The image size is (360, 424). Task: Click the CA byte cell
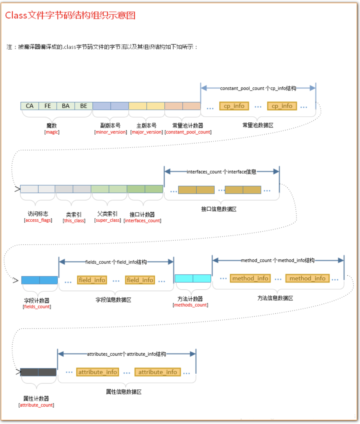[30, 106]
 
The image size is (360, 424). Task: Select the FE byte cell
[48, 106]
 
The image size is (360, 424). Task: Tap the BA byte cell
[66, 106]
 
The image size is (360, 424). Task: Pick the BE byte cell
[84, 106]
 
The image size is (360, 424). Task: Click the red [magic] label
[52, 132]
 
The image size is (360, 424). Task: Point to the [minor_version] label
[110, 132]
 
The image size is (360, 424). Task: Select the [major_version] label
[146, 132]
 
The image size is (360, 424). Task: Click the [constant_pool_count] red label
[188, 132]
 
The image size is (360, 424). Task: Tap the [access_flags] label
[38, 220]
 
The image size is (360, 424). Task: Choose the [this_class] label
[74, 221]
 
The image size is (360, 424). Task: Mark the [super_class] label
[107, 220]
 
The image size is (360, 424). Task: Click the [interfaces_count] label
[142, 221]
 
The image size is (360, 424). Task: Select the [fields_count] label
[37, 307]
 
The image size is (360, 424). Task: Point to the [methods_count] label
[190, 305]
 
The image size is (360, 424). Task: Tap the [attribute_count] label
[36, 405]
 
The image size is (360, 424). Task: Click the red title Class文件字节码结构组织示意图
[70, 15]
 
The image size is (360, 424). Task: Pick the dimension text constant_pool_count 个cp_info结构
[258, 88]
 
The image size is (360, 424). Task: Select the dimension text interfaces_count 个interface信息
[221, 172]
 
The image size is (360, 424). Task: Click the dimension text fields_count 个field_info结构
[116, 262]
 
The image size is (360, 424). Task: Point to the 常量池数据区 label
[258, 125]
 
